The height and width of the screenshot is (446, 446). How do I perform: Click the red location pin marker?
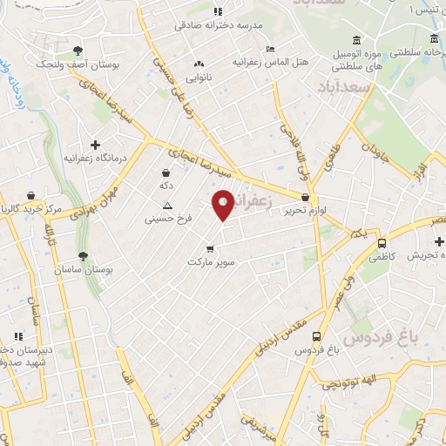pos(223,204)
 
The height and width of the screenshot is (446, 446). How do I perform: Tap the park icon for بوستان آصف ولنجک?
pos(78,51)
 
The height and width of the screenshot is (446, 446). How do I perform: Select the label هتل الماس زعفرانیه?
pos(271,64)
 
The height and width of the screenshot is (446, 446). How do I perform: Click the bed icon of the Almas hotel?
pos(271,49)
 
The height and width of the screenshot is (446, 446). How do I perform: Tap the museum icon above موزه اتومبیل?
pos(357,40)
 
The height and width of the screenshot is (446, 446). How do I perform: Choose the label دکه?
pos(165,186)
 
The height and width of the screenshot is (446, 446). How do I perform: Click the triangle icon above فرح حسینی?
pos(167,206)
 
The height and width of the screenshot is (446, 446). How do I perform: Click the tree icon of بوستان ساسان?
pos(83,256)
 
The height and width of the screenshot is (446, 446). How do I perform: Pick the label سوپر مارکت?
pos(209,260)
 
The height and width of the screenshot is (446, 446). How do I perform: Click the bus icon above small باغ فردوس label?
pos(316,335)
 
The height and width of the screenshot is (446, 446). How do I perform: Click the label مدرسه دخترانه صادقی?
pos(212,25)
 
